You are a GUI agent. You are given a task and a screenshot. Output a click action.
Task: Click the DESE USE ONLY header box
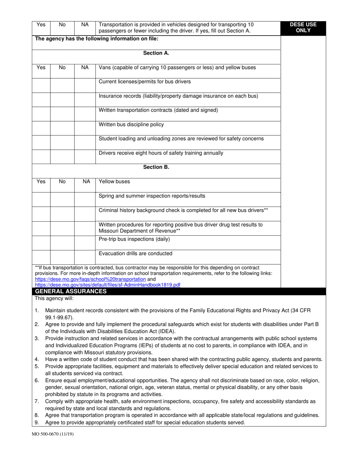click(x=303, y=27)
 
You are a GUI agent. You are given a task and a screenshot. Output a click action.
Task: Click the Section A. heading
click(x=156, y=53)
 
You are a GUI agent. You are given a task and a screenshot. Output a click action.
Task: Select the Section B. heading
click(x=156, y=167)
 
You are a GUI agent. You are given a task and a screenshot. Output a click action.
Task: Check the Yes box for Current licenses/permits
click(x=41, y=85)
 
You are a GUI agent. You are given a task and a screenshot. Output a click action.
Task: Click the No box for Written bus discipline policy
click(x=62, y=128)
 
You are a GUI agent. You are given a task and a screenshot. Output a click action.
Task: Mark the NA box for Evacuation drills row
click(x=85, y=257)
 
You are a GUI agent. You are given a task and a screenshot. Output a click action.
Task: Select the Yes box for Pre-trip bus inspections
click(x=41, y=242)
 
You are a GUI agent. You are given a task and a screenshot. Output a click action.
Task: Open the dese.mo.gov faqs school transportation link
click(x=90, y=279)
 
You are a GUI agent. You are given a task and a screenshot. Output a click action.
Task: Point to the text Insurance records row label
click(x=178, y=96)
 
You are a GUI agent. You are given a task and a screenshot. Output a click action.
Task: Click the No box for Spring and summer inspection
click(x=62, y=199)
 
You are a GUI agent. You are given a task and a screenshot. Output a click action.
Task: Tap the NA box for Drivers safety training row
click(x=85, y=156)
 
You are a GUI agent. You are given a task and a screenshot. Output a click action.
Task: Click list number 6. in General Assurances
click(x=37, y=380)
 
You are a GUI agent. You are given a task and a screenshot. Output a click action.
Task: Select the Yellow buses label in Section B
click(x=114, y=181)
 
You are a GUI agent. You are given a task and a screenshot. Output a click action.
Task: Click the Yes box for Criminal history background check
click(x=41, y=214)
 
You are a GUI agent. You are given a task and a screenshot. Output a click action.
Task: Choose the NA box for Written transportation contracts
click(x=85, y=114)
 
